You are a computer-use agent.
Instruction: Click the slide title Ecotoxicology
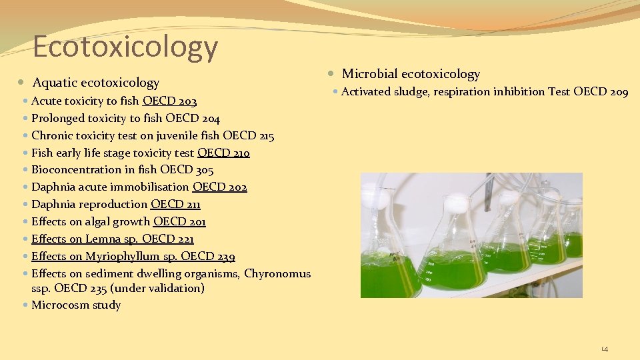coord(125,47)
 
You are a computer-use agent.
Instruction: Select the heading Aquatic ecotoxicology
coord(95,83)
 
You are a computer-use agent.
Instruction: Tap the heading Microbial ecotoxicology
coord(411,74)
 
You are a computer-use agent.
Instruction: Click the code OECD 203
coord(169,101)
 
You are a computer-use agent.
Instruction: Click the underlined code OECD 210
coord(223,153)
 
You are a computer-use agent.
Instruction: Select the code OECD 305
coord(187,170)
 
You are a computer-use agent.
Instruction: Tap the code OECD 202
coord(219,187)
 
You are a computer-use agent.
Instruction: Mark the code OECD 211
coord(175,205)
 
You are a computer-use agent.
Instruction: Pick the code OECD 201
coord(179,222)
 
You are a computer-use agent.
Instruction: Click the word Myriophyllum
coord(123,257)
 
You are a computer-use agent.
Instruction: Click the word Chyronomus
coord(277,273)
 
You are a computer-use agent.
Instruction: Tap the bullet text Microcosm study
coord(76,305)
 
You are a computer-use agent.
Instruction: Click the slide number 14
coord(605,349)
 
